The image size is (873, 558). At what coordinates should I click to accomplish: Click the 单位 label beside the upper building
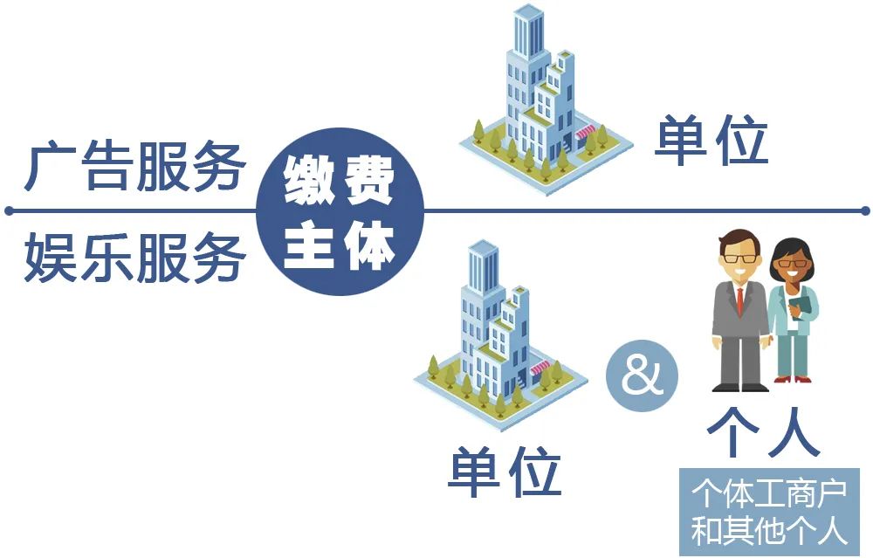(x=711, y=141)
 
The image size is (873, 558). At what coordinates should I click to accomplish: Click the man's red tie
(x=739, y=300)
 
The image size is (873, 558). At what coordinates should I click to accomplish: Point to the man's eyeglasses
(x=737, y=258)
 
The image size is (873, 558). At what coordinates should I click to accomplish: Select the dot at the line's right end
(x=864, y=210)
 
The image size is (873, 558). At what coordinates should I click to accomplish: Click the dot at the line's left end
(x=9, y=210)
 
